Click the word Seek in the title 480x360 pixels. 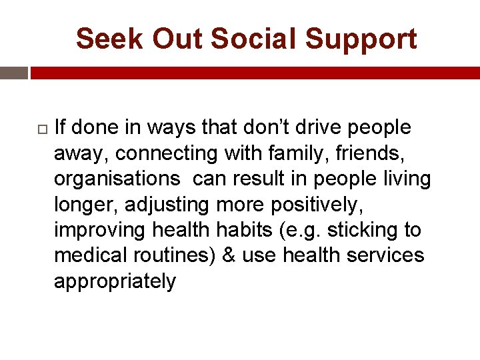tap(109, 39)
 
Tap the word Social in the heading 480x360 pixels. tap(260, 39)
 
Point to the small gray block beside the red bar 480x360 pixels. tap(13, 73)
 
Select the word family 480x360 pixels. tap(277, 153)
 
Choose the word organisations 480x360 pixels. tap(117, 179)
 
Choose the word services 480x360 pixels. tap(386, 255)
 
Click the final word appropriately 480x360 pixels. tap(115, 281)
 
